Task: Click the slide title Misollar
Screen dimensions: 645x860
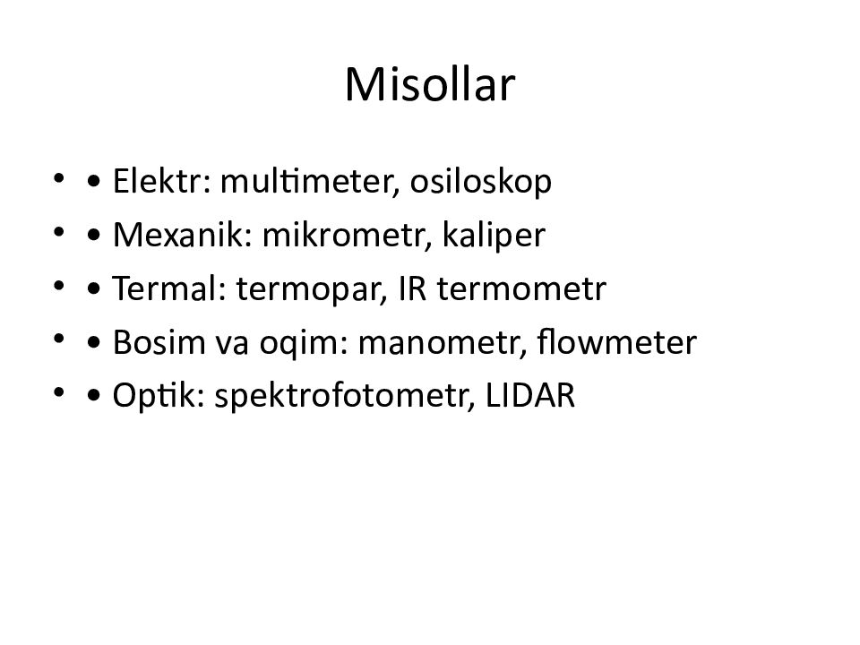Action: coord(429,86)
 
